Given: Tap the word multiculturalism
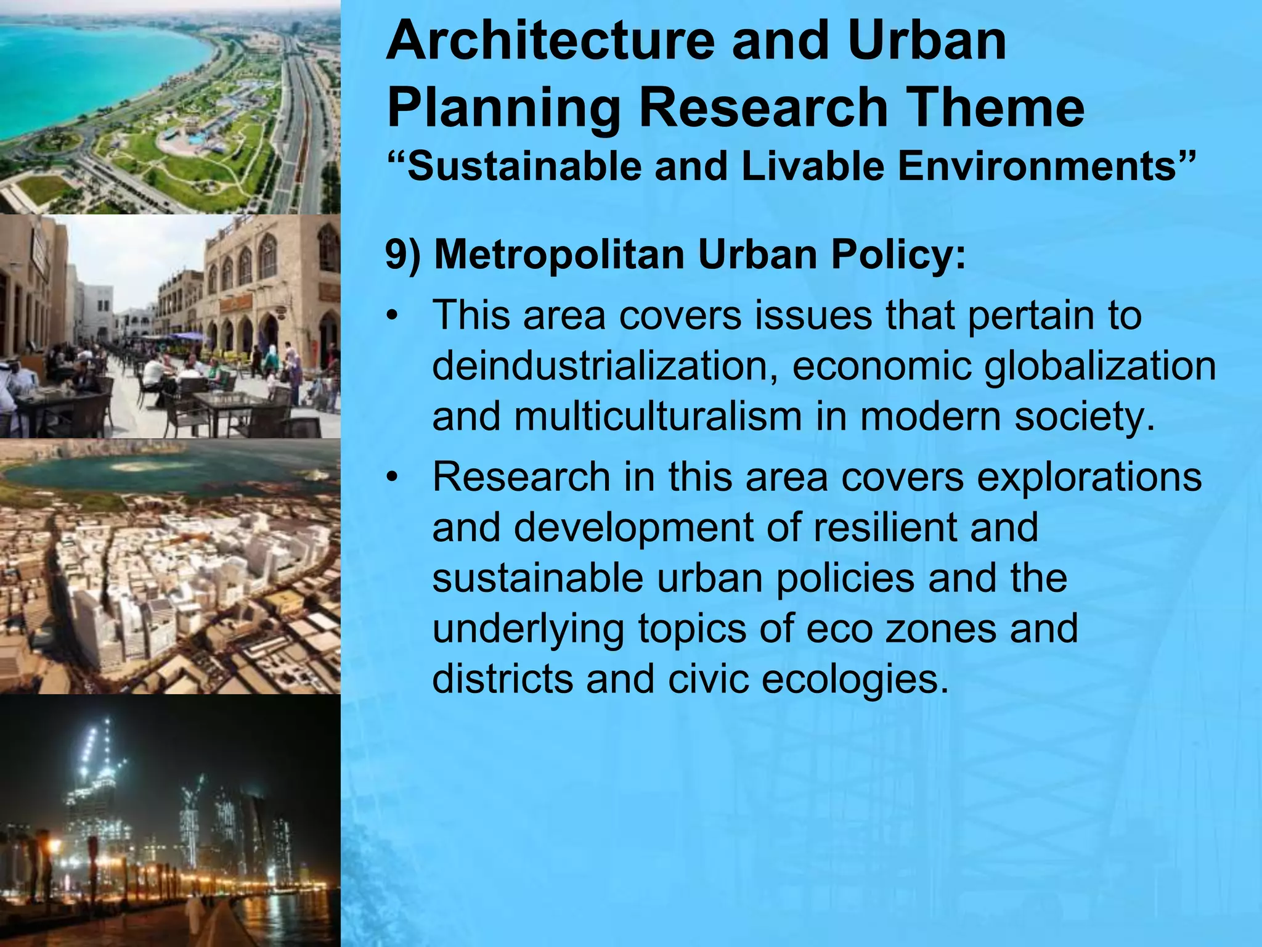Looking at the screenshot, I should pos(657,416).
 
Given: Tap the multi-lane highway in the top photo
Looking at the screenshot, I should pos(302,123).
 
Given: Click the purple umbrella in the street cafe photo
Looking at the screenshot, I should pos(188,337).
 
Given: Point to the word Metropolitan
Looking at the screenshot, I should pos(559,255).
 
